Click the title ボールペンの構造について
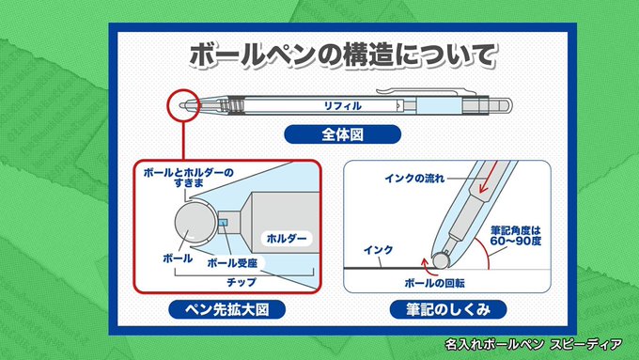(x=343, y=55)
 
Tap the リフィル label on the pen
(x=342, y=106)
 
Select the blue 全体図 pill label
(x=342, y=134)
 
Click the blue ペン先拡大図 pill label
(x=227, y=310)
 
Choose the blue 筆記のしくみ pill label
(x=448, y=310)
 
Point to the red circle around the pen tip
(x=184, y=90)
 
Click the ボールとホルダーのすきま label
(x=188, y=178)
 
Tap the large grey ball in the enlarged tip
(x=195, y=223)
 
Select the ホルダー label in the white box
(x=287, y=238)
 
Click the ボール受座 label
(x=232, y=263)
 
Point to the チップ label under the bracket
(x=242, y=282)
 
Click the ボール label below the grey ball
(x=178, y=258)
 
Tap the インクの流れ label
(x=414, y=179)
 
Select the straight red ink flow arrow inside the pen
(x=489, y=177)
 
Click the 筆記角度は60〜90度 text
(x=516, y=236)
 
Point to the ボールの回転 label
(x=434, y=283)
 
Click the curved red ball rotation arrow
(x=426, y=265)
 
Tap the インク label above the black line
(x=378, y=249)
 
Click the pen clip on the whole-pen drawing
(x=426, y=91)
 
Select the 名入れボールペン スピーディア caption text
(x=534, y=345)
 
